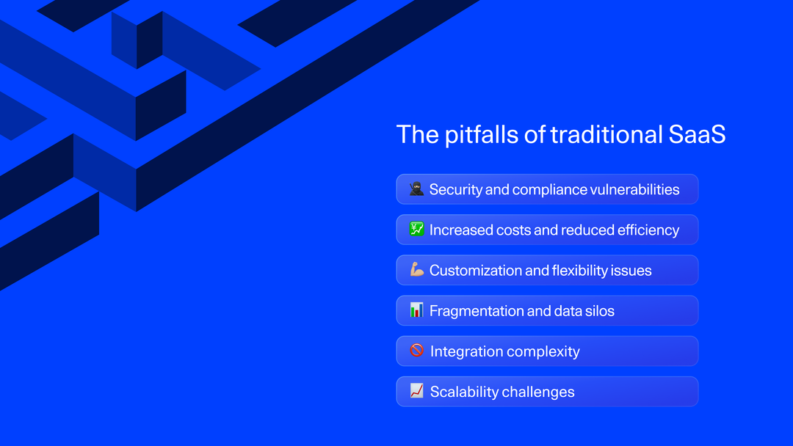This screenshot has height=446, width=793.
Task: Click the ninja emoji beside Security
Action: point(416,189)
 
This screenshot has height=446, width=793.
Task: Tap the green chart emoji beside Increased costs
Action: point(416,230)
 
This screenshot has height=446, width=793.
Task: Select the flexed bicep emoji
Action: point(416,270)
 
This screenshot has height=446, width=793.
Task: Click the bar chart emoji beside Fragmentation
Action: point(416,310)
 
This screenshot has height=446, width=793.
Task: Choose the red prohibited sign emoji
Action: point(416,351)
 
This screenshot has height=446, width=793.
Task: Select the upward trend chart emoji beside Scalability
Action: point(416,391)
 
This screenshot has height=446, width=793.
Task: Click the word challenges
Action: point(538,392)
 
